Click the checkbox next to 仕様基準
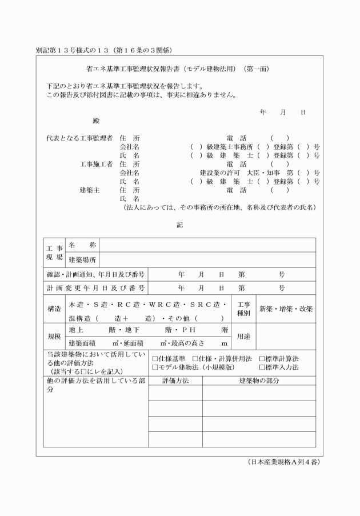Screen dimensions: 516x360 tap(155, 359)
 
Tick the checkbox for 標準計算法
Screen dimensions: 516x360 tap(262, 359)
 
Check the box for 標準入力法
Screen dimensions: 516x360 tap(262, 367)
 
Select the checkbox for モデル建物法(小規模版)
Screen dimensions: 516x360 tap(155, 367)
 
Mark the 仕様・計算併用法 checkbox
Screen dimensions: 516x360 tap(194, 359)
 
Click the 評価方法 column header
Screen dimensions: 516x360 tap(175, 380)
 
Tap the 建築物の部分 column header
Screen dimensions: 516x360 tap(259, 380)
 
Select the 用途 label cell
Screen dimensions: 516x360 tap(243, 337)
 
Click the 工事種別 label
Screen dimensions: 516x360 tap(243, 309)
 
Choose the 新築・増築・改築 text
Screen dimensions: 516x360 tap(286, 309)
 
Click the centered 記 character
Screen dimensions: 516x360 tap(179, 225)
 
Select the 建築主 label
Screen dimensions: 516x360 tap(90, 190)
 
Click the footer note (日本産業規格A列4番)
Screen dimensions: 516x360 tap(283, 462)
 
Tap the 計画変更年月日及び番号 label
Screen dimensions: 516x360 tap(96, 289)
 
